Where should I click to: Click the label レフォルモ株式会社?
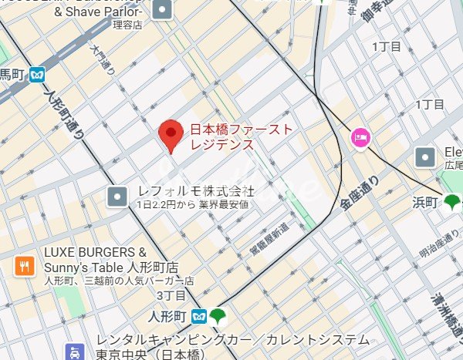click(x=195, y=190)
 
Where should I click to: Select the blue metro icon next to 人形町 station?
click(x=199, y=316)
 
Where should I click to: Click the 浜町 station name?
click(x=426, y=203)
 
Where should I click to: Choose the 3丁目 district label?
click(x=171, y=295)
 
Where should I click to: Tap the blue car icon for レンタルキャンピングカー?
click(x=74, y=353)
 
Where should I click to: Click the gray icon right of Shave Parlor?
click(x=163, y=10)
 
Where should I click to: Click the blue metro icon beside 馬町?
click(x=38, y=75)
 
